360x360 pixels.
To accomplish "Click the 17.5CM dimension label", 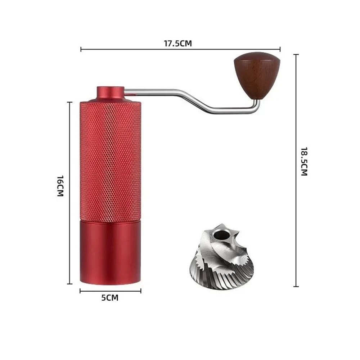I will [178, 44].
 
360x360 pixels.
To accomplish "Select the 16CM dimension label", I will [60, 186].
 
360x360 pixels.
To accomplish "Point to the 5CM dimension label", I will [110, 298].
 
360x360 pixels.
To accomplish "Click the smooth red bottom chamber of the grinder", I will [110, 253].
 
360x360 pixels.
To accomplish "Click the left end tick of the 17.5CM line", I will [81, 49].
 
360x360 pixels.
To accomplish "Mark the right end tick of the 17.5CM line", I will [280, 49].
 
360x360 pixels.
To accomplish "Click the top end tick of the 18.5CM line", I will [296, 54].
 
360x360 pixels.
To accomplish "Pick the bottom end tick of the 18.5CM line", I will [296, 286].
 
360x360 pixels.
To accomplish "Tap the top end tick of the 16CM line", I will [70, 102].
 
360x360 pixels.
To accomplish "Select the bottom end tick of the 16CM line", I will [70, 284].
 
